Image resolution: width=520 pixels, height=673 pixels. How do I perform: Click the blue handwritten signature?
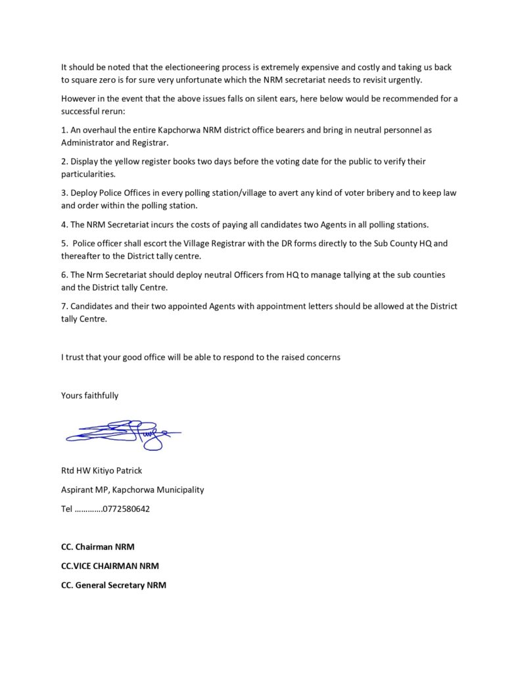122,434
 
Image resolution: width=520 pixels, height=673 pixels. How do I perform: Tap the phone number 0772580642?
127,508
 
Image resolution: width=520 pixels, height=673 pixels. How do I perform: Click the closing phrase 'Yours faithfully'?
90,395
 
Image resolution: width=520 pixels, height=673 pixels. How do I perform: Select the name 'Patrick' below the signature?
126,470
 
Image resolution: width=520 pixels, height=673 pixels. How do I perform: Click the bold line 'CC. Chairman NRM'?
97,546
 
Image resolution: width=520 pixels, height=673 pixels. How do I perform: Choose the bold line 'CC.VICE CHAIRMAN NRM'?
110,565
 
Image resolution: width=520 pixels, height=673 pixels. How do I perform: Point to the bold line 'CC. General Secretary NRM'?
114,584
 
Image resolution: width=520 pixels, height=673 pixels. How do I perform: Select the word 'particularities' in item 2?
88,174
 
